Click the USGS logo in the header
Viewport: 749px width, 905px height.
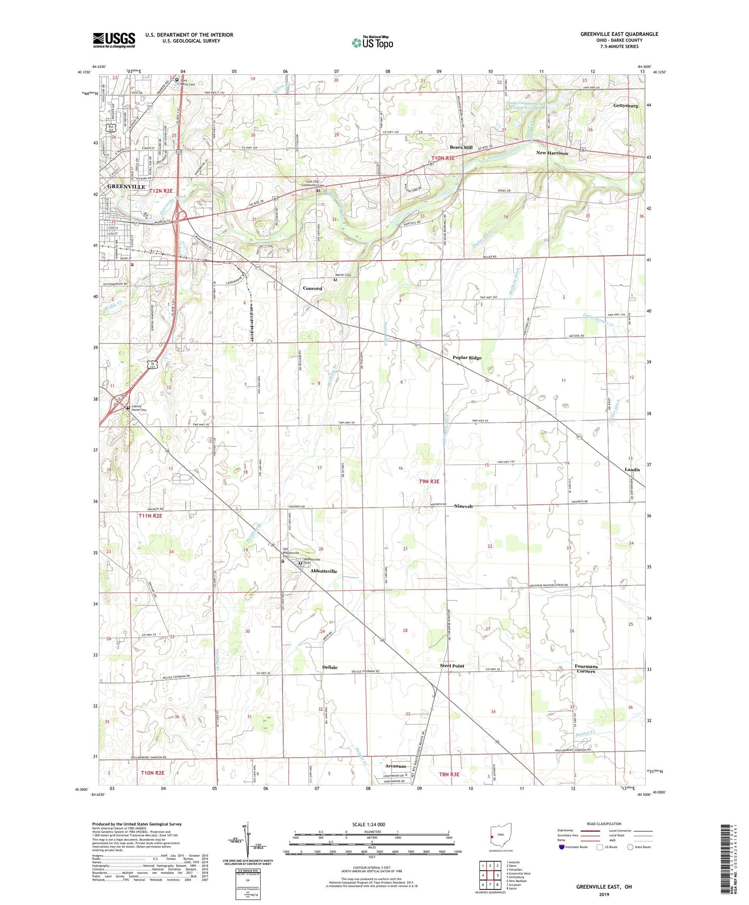(114, 40)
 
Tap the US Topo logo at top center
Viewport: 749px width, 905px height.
(373, 42)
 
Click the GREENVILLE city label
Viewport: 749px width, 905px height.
(126, 186)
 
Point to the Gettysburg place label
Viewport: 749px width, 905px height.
(625, 106)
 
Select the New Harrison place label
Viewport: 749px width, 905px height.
(552, 153)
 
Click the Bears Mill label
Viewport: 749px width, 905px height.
(461, 148)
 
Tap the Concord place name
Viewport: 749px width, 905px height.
(313, 289)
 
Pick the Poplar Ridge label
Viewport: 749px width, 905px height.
(467, 358)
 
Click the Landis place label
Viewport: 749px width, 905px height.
(632, 470)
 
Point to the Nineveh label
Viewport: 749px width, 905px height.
(463, 506)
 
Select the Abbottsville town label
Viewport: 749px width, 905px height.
(324, 571)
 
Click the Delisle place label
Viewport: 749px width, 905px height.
(330, 667)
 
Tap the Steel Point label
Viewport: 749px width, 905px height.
(452, 666)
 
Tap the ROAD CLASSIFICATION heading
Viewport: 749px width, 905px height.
(604, 824)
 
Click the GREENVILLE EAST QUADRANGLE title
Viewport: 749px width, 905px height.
(619, 34)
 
